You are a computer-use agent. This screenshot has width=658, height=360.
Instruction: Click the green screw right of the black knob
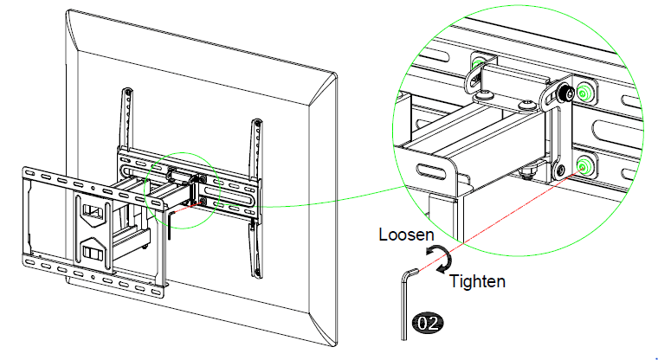tap(586, 91)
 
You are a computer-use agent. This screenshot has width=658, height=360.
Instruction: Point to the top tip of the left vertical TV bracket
tap(128, 89)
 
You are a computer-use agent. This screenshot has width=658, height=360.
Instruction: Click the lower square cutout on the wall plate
tap(91, 254)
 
